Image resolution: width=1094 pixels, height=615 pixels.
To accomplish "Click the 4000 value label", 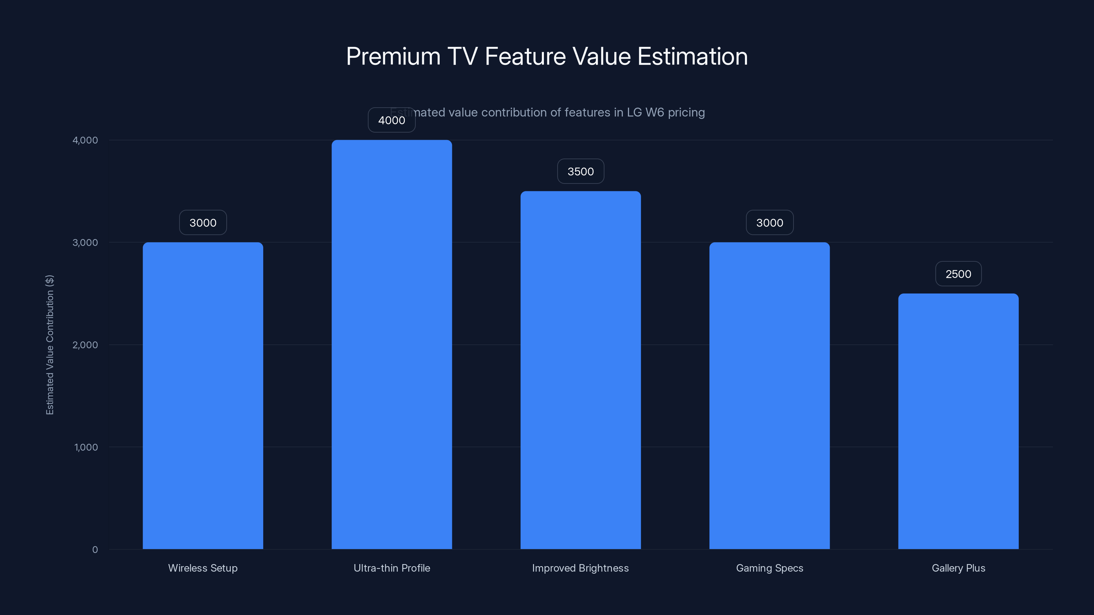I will [391, 120].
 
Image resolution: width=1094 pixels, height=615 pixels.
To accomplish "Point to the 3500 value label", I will [581, 172].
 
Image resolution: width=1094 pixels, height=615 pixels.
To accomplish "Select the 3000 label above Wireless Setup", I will [203, 223].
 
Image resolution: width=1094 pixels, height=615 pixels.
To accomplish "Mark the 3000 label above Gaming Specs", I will [770, 223].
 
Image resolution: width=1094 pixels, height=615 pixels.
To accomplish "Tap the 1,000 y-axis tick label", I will [86, 447].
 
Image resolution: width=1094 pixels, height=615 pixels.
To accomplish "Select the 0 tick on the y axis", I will [95, 550].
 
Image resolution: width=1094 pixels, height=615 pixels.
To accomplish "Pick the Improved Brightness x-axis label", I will [580, 568].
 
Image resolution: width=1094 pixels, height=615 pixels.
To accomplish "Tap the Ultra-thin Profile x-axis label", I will [391, 568].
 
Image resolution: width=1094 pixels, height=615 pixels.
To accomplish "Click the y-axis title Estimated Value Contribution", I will [50, 345].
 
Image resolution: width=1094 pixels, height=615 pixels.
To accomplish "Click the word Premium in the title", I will [393, 56].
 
